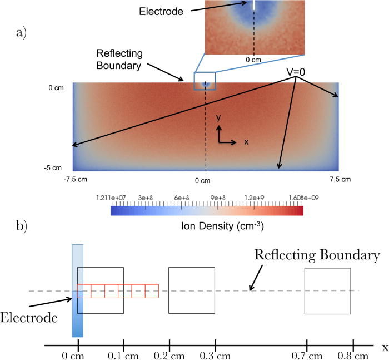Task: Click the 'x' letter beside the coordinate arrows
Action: point(246,142)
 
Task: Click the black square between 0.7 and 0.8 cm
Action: point(328,290)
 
